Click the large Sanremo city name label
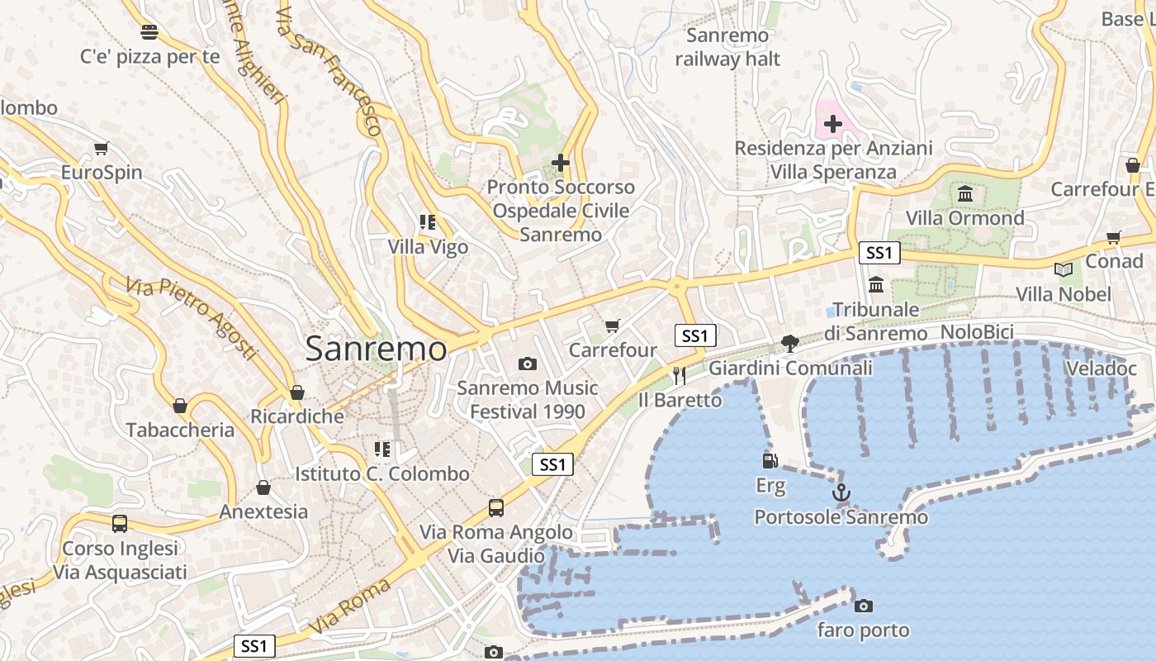tap(376, 349)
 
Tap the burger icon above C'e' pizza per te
tap(149, 32)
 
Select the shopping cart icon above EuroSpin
tap(101, 149)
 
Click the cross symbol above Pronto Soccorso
tap(561, 163)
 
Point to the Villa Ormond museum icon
tap(964, 194)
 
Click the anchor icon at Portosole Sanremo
tap(841, 493)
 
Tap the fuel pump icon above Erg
tap(770, 461)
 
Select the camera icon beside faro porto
tap(863, 606)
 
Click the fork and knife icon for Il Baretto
tap(680, 376)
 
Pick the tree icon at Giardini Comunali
tap(790, 343)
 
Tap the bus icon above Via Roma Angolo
tap(495, 507)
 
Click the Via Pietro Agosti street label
tap(192, 319)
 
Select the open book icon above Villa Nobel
tap(1064, 269)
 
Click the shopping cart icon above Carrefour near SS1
tap(612, 326)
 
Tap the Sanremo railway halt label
tap(727, 47)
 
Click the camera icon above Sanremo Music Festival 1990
tap(527, 364)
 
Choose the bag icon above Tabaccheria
tap(180, 406)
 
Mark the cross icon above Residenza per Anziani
tap(833, 125)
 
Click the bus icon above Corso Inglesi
tap(120, 523)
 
